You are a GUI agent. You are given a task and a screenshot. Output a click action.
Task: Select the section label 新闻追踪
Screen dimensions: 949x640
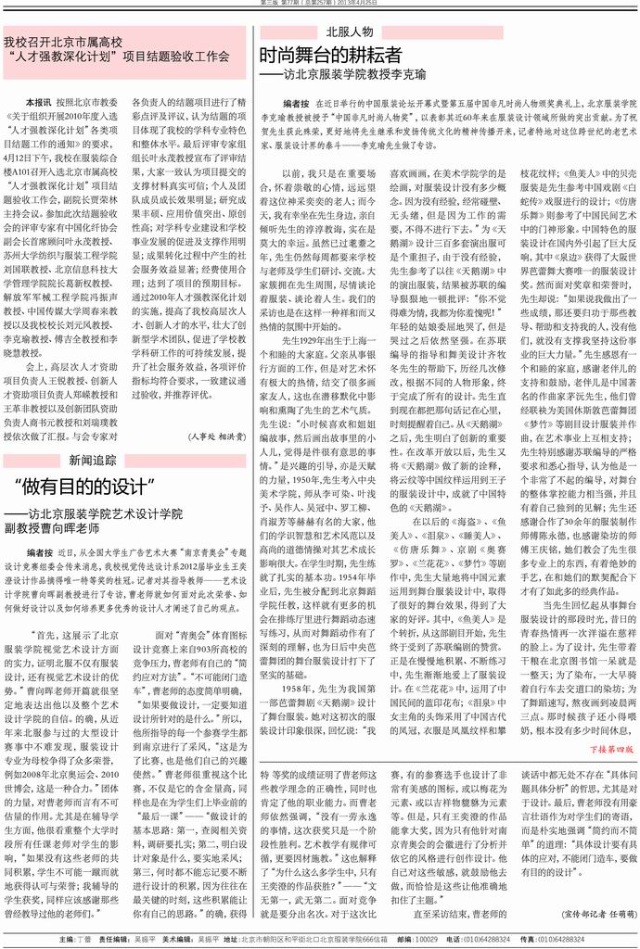tap(93, 459)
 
